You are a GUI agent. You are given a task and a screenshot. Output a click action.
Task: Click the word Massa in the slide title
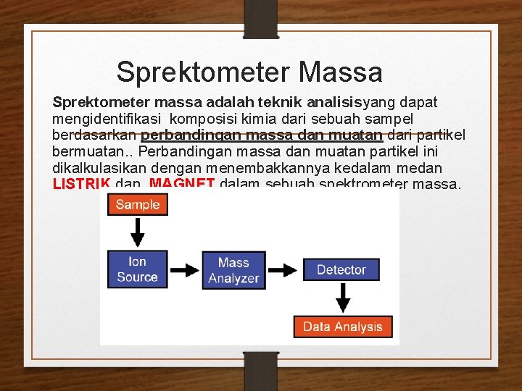click(x=340, y=72)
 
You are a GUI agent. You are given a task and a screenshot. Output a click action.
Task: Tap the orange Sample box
click(x=138, y=204)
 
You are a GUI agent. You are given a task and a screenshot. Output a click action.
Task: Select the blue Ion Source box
click(x=138, y=269)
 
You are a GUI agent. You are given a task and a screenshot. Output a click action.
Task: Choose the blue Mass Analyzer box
click(x=233, y=270)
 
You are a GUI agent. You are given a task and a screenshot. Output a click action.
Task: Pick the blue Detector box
click(x=341, y=269)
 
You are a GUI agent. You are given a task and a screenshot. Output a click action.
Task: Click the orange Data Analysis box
click(x=342, y=327)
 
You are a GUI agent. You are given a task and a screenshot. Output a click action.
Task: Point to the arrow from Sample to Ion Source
click(x=138, y=232)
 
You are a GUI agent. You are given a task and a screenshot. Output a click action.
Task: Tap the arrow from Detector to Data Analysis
click(x=341, y=298)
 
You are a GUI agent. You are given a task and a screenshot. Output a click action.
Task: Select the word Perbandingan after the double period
click(x=181, y=151)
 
